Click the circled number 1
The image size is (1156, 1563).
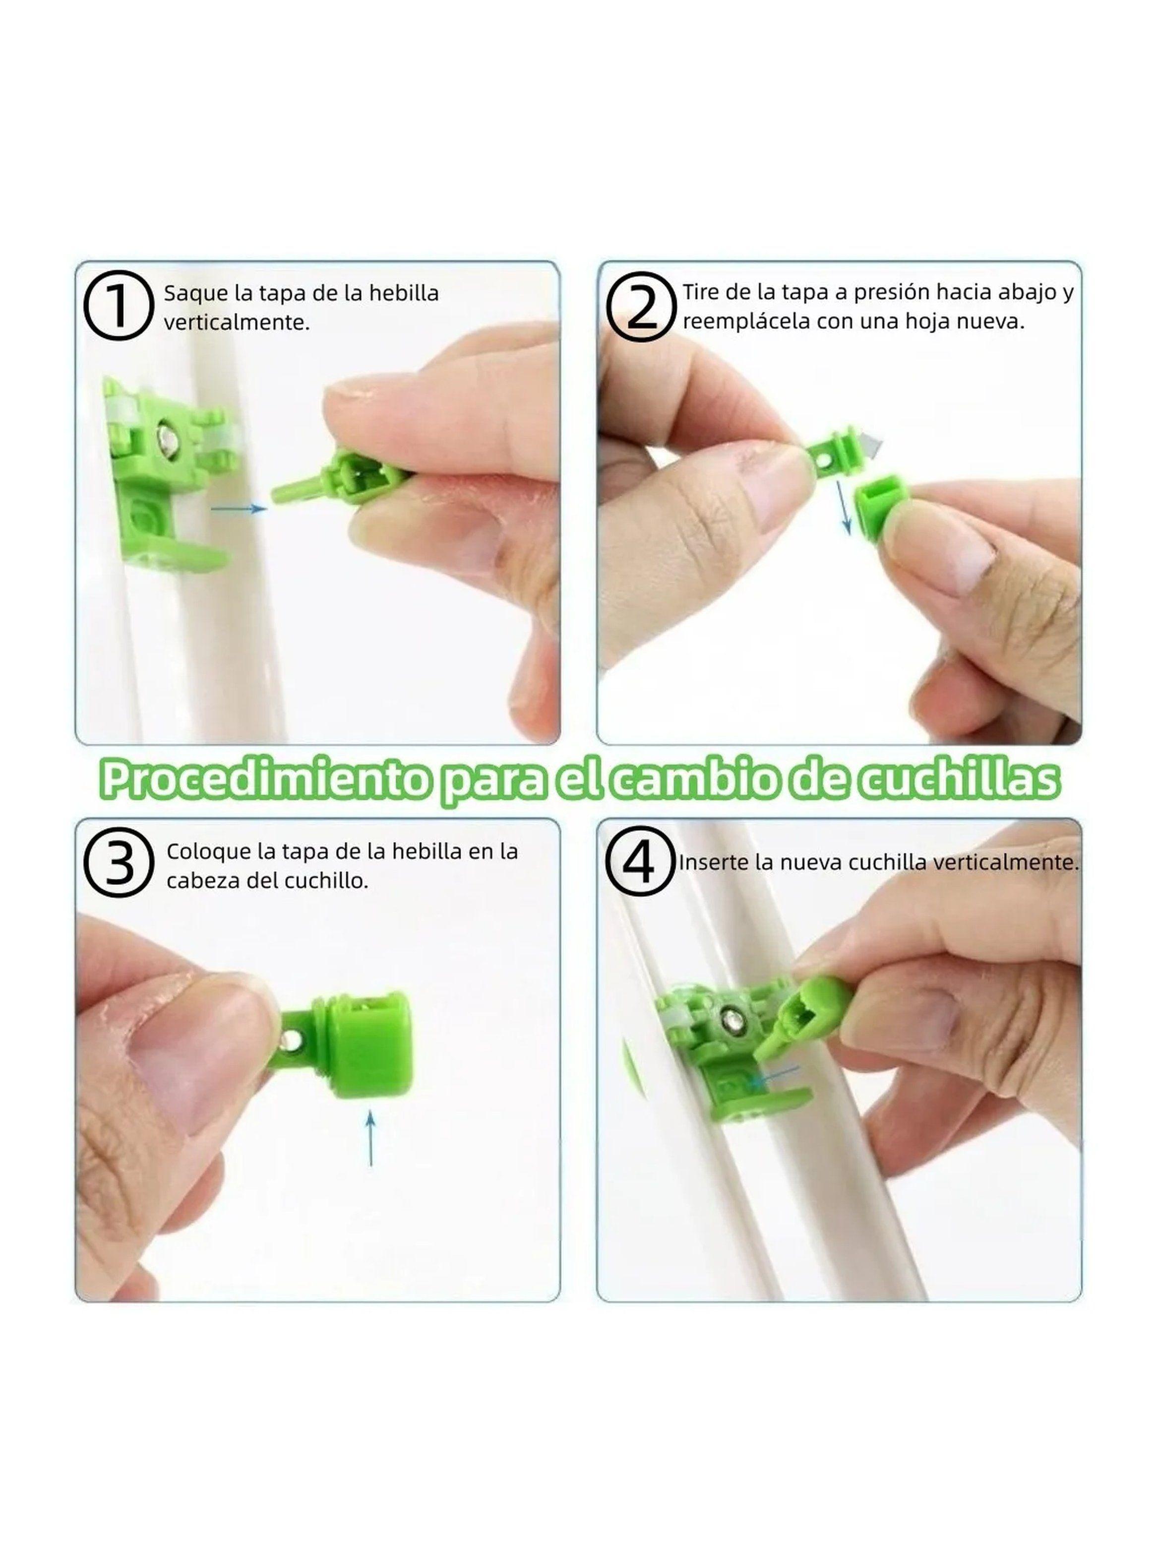(118, 307)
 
